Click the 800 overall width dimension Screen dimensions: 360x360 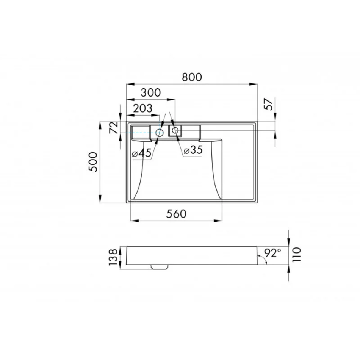pos(192,77)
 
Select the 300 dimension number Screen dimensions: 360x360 pos(150,93)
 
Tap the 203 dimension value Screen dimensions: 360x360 pos(142,108)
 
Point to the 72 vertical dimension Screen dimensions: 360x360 pos(114,127)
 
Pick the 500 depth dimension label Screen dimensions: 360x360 pos(93,162)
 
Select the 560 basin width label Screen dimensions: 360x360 pos(176,214)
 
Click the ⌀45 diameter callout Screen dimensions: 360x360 pos(142,153)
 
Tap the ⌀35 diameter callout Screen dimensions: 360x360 pos(193,150)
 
